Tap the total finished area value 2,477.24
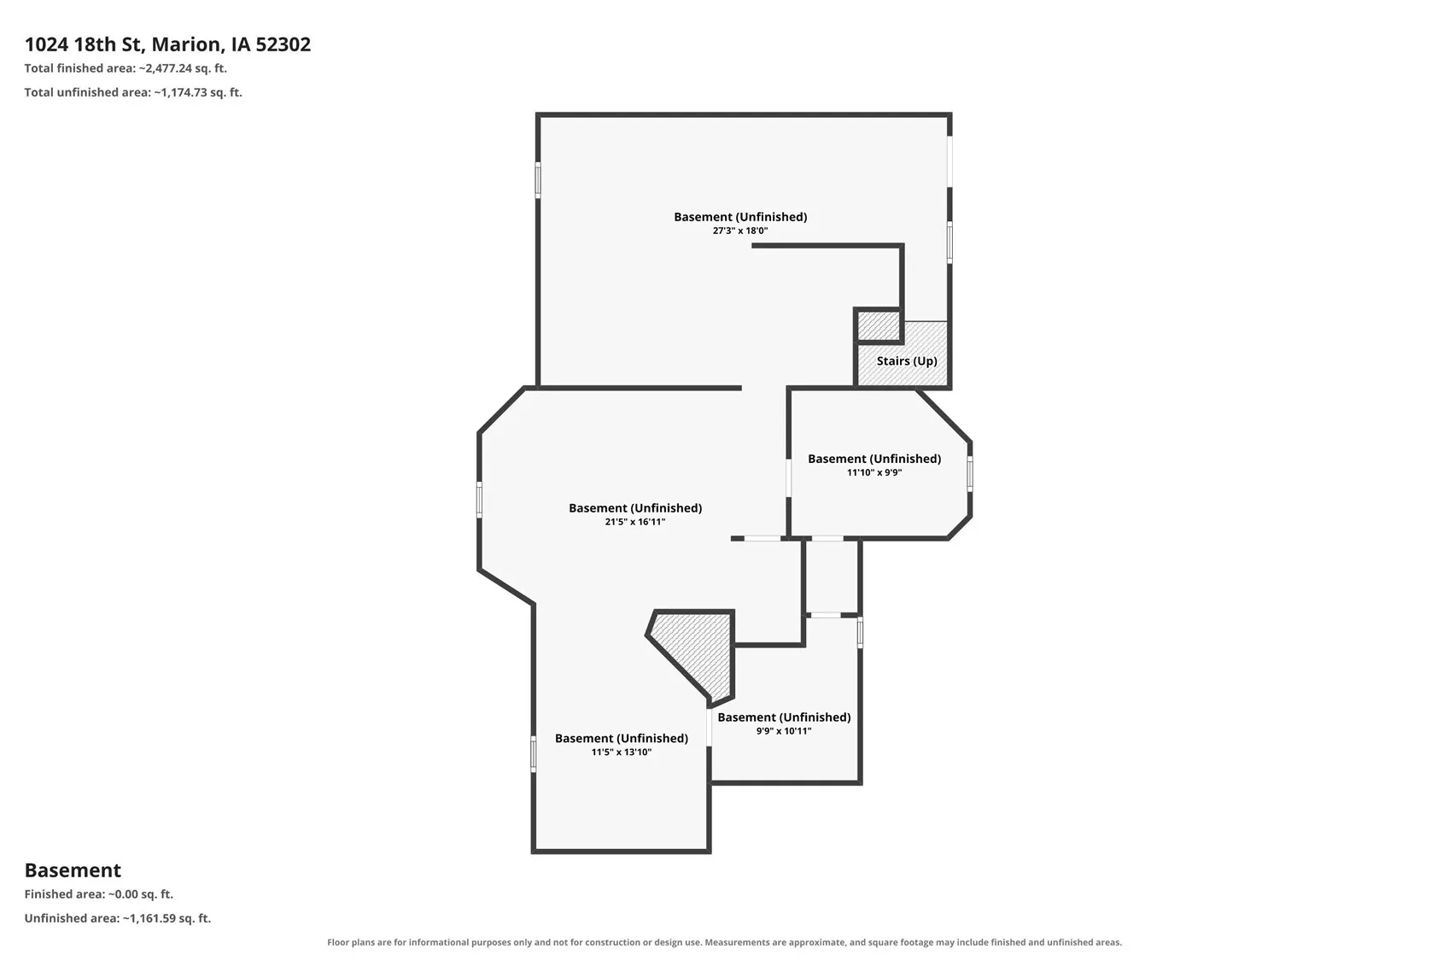pyautogui.click(x=168, y=68)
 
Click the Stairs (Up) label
pyautogui.click(x=906, y=360)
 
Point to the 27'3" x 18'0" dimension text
pyautogui.click(x=740, y=231)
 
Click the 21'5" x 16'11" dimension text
pyautogui.click(x=634, y=522)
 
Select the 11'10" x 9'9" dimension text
pyautogui.click(x=874, y=472)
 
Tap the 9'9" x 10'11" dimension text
pyautogui.click(x=783, y=731)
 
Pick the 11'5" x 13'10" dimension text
pyautogui.click(x=621, y=752)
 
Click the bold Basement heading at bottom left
pyautogui.click(x=73, y=869)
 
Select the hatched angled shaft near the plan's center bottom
pyautogui.click(x=692, y=656)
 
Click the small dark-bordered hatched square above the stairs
pyautogui.click(x=879, y=325)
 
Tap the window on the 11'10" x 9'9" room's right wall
pyautogui.click(x=970, y=474)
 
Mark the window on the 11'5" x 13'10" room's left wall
pyautogui.click(x=534, y=754)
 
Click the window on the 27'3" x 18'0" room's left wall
pyautogui.click(x=538, y=180)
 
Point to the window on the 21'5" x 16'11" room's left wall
pyautogui.click(x=479, y=500)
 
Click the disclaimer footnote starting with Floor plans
pyautogui.click(x=724, y=942)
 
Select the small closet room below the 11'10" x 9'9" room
pyautogui.click(x=832, y=576)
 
